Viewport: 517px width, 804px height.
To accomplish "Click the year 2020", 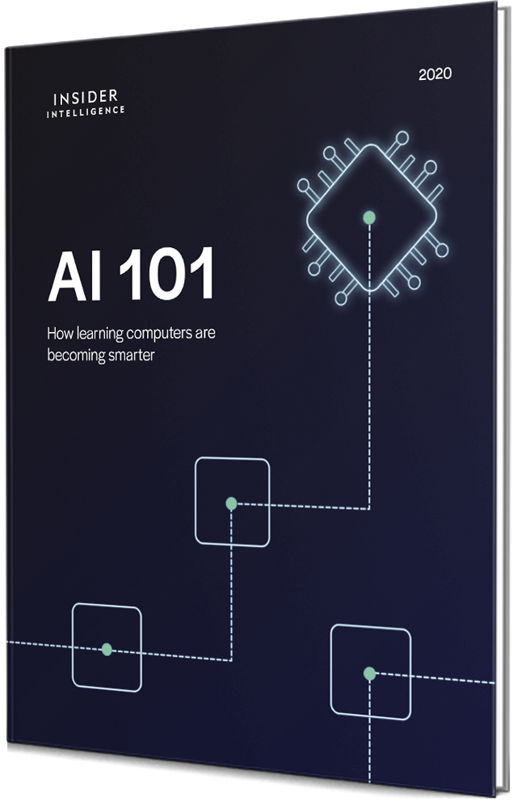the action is pyautogui.click(x=435, y=74).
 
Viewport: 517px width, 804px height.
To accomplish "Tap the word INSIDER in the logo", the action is pyautogui.click(x=86, y=98).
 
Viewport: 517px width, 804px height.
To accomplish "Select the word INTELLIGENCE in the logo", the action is pyautogui.click(x=86, y=112).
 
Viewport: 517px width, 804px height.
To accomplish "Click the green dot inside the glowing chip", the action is pyautogui.click(x=369, y=217).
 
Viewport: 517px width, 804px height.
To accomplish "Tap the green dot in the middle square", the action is pyautogui.click(x=231, y=503).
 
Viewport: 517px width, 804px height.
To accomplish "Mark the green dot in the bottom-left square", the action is pyautogui.click(x=107, y=649).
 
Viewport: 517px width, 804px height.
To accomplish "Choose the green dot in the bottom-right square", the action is pyautogui.click(x=369, y=673).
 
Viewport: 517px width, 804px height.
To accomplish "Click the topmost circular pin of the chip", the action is pyautogui.click(x=402, y=138).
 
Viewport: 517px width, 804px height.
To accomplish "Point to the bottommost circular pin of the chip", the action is pyautogui.click(x=340, y=298).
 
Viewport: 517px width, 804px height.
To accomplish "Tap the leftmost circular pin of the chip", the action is pyautogui.click(x=304, y=184).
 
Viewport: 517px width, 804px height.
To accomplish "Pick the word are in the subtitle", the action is pyautogui.click(x=205, y=333).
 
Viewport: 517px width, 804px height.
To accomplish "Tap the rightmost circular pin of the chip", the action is pyautogui.click(x=442, y=250).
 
